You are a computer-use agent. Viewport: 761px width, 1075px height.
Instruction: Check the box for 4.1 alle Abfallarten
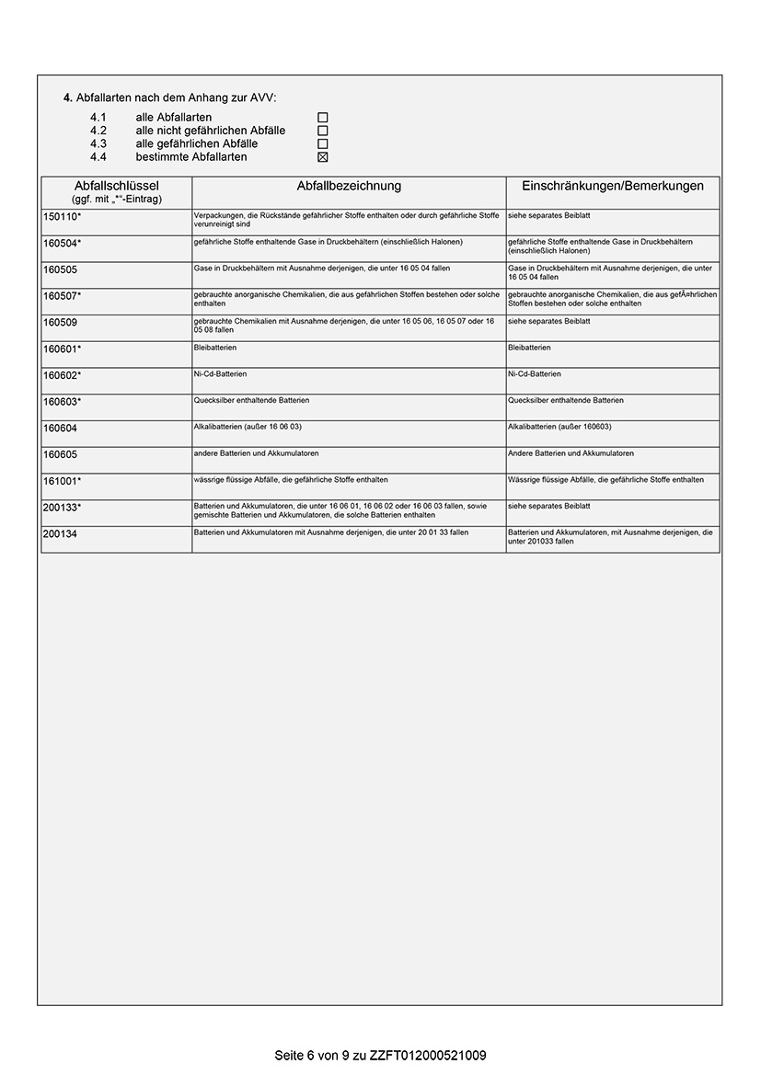click(323, 118)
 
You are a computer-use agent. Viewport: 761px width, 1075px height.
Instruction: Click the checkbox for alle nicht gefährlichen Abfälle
click(323, 131)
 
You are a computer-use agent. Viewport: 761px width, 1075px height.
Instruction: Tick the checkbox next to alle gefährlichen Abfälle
click(323, 143)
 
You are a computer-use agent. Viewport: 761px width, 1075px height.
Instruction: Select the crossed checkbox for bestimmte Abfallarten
click(323, 157)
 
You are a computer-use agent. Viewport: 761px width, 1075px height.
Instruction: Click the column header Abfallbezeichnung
click(349, 186)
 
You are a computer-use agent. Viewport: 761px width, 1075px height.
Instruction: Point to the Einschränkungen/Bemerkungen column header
click(612, 186)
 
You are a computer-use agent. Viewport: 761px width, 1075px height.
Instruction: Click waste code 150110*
click(63, 217)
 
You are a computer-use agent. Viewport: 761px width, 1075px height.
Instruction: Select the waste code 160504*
click(63, 243)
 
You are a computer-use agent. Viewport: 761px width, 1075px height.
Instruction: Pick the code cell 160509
click(61, 323)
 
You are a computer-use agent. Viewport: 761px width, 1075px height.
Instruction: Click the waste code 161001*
click(63, 481)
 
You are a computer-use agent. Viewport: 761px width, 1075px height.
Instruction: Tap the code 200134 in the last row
click(61, 533)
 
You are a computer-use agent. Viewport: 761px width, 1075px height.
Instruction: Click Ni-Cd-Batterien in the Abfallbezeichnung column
click(220, 374)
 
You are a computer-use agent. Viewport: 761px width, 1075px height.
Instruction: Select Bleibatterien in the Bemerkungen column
click(529, 348)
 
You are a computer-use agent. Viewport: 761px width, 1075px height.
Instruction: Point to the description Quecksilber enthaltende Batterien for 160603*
click(251, 401)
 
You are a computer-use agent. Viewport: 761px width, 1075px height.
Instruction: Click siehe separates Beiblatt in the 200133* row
click(548, 506)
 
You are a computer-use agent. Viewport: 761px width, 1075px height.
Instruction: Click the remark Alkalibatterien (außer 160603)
click(559, 427)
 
